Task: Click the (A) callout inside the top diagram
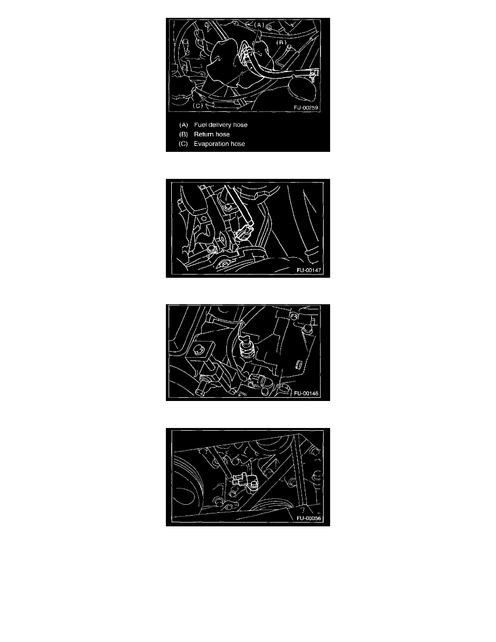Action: (x=259, y=25)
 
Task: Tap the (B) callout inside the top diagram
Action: (x=281, y=42)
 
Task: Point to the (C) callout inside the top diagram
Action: (x=198, y=105)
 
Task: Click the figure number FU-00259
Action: (x=306, y=108)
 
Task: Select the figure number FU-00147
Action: (x=309, y=270)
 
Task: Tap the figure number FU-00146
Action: (x=306, y=393)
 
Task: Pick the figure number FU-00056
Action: (x=309, y=518)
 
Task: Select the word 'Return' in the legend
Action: (x=204, y=135)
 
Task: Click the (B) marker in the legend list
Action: (x=183, y=135)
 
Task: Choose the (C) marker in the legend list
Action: (x=183, y=144)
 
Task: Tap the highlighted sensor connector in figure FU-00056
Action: (x=240, y=479)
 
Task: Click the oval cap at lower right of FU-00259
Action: (x=303, y=88)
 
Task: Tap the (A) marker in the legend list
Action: (x=183, y=125)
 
